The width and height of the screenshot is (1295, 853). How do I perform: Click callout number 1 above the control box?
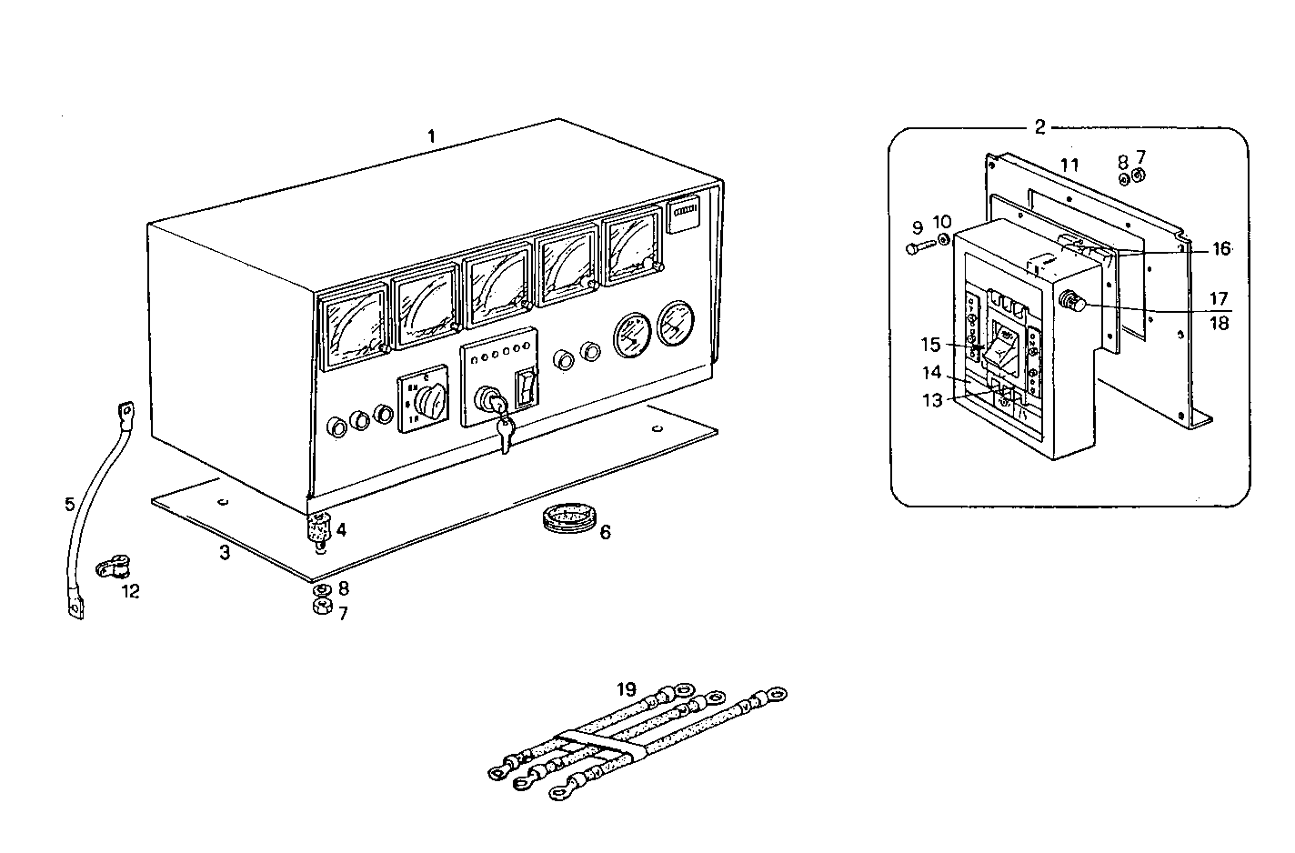point(432,136)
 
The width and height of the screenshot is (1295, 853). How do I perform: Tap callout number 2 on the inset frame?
point(1040,126)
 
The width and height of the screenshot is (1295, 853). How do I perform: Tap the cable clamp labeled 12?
point(111,570)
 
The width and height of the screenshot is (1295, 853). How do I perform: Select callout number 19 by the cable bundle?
point(626,689)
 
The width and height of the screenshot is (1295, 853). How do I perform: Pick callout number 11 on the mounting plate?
point(1069,165)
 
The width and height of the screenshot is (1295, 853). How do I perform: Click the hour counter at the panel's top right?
point(684,216)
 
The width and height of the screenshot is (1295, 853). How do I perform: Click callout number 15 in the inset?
point(930,346)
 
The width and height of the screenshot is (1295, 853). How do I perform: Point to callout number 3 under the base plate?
point(225,552)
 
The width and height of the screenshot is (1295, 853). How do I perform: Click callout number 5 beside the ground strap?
point(70,504)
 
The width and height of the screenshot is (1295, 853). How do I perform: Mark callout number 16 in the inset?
point(1220,248)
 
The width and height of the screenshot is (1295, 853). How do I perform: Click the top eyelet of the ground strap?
point(125,412)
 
